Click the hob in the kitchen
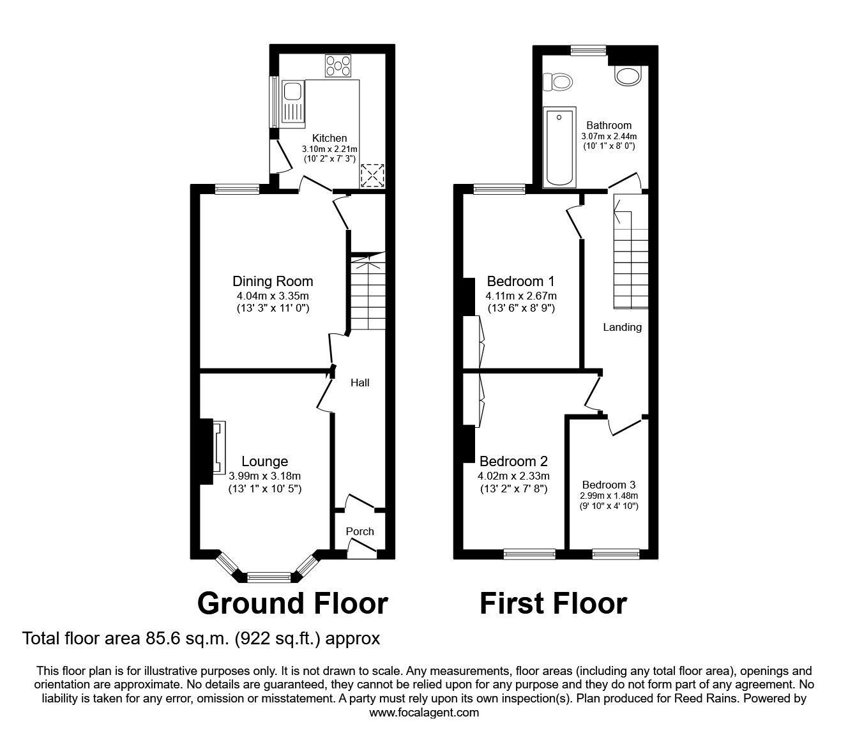coord(338,65)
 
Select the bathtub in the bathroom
coord(559,147)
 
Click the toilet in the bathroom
coord(557,82)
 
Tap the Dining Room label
coord(273,281)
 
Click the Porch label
coord(360,531)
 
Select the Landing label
coord(622,328)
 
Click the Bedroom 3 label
coord(609,485)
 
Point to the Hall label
coord(360,383)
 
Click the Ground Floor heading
coord(292,603)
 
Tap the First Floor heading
coord(553,603)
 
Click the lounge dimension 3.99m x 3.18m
coord(264,476)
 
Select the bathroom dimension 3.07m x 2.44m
coord(609,137)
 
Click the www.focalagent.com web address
coord(424,713)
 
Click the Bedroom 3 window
coord(616,553)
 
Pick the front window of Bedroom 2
coord(529,553)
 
